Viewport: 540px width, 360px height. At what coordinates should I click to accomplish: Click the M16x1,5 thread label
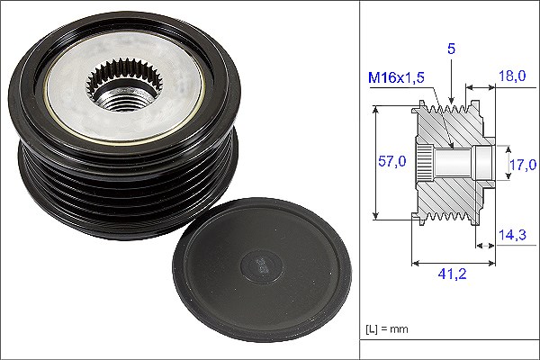coord(396,78)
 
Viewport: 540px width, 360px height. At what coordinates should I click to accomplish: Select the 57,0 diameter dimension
coord(391,161)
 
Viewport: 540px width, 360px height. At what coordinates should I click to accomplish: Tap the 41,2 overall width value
coord(452,274)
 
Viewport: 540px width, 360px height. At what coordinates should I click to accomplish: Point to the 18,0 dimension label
coord(512,76)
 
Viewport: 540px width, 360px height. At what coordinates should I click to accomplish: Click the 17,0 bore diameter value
coord(523,165)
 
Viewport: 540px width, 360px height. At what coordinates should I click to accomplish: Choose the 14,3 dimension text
coord(512,235)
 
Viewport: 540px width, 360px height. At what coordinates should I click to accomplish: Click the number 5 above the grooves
coord(451,49)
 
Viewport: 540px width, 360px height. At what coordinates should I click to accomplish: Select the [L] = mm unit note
coord(387,329)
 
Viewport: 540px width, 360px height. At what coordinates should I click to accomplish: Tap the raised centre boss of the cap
coord(261,266)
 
